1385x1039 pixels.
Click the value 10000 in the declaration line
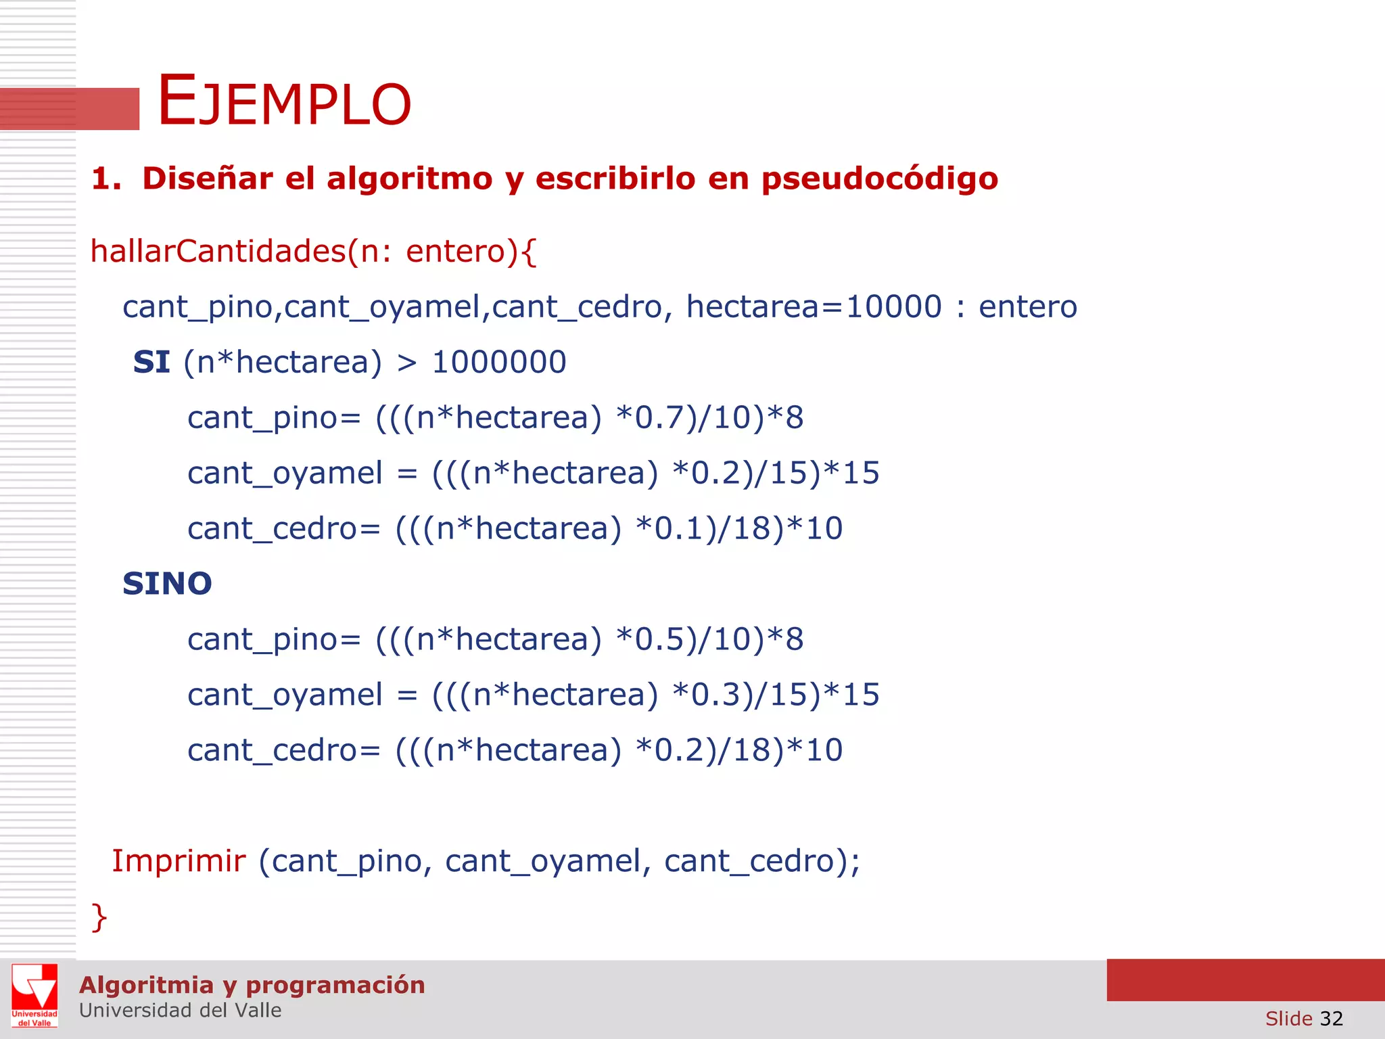tap(893, 307)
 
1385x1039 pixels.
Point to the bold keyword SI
tap(151, 363)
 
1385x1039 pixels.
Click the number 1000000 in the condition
tap(498, 363)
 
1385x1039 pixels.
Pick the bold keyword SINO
tap(167, 584)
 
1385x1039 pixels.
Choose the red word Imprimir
tap(179, 861)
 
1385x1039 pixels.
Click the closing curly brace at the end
tap(99, 917)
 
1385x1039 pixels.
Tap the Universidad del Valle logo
tap(34, 995)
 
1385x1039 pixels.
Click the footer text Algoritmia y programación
tap(252, 985)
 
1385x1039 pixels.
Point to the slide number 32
tap(1331, 1019)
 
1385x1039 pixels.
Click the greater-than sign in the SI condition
tap(406, 363)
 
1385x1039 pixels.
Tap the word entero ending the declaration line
tap(1027, 307)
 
